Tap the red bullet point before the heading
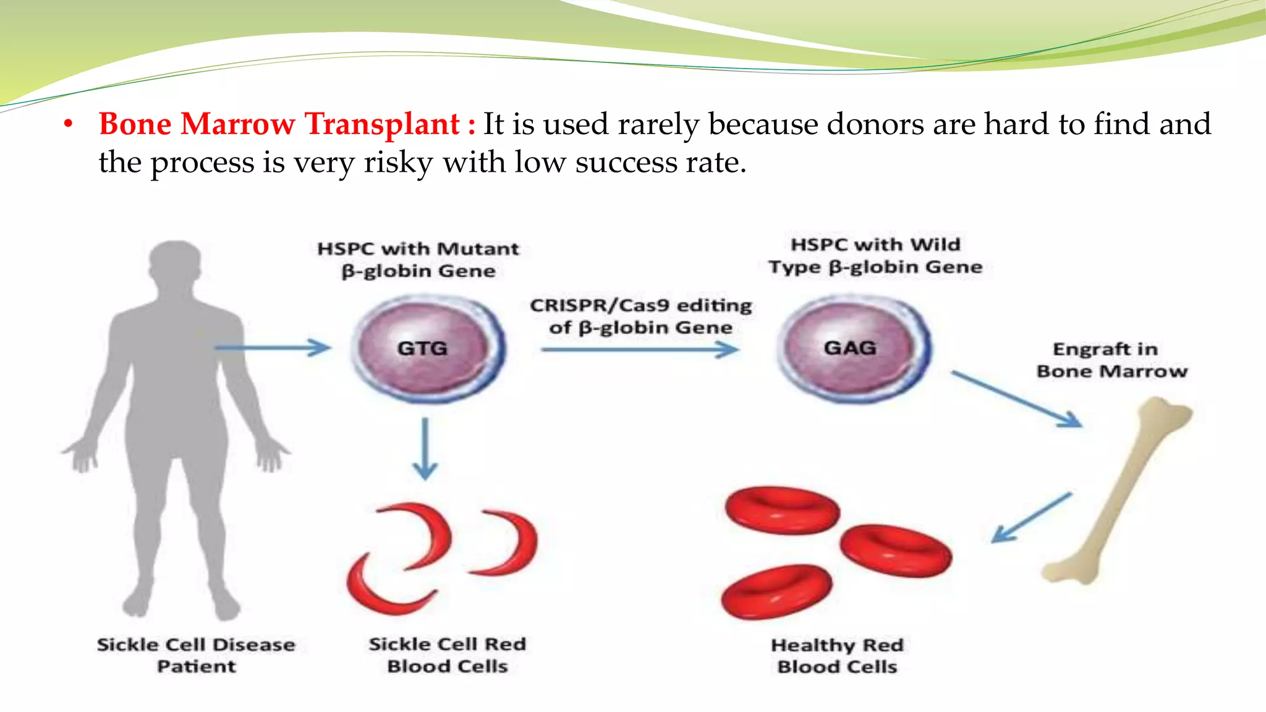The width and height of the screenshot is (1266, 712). [x=69, y=125]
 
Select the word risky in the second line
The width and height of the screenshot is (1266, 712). [x=398, y=163]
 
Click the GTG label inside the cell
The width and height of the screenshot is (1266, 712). [x=422, y=348]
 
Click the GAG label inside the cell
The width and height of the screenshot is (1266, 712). [x=850, y=348]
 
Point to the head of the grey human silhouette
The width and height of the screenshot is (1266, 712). [x=176, y=272]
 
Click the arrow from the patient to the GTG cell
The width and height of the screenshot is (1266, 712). [x=272, y=348]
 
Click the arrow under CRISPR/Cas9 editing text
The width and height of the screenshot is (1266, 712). [x=640, y=350]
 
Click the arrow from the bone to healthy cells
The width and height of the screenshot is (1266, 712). [x=1031, y=518]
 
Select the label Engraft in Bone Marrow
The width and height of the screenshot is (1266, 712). [x=1111, y=360]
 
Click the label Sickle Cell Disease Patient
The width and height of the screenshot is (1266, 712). [x=196, y=655]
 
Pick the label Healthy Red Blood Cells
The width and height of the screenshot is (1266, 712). [x=838, y=656]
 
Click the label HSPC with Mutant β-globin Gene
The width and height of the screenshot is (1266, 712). [x=418, y=260]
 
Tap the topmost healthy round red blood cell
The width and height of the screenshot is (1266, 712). [x=782, y=510]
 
